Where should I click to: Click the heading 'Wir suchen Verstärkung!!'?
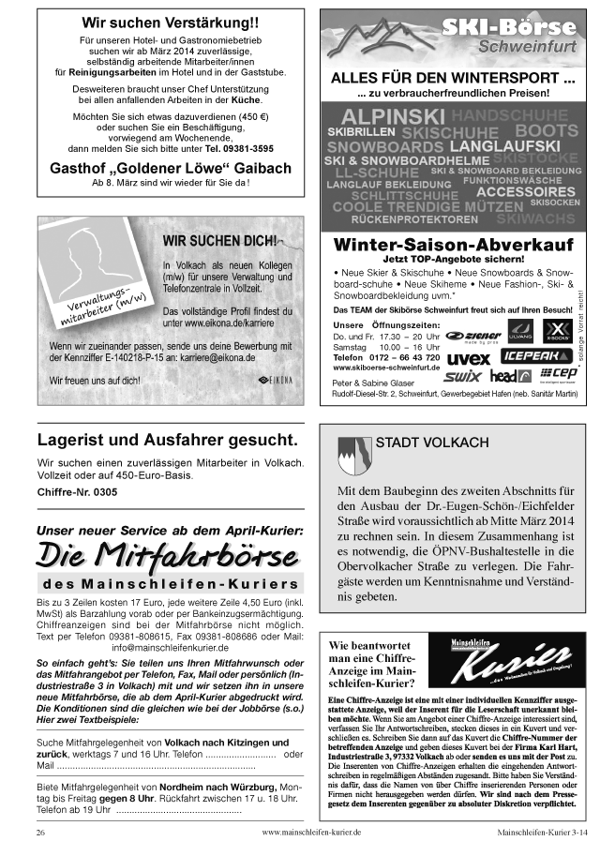coord(170,22)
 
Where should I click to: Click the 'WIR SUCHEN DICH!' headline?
coord(220,241)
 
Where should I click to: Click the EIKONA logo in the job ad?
coord(278,380)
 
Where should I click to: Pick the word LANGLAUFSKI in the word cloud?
coord(505,146)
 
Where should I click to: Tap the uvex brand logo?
coord(468,357)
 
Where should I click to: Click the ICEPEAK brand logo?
coord(533,356)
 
